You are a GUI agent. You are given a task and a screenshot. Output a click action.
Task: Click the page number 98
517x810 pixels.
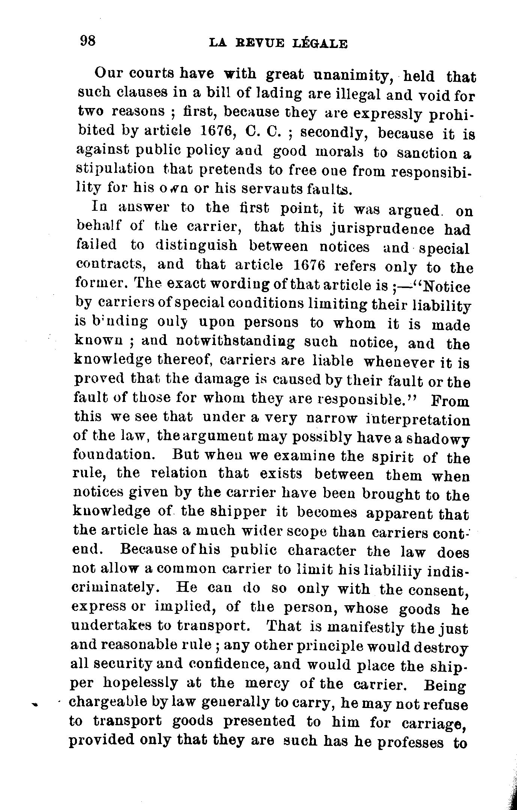(x=89, y=40)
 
